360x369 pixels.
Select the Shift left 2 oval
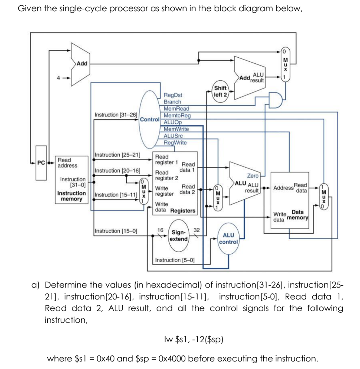pyautogui.click(x=220, y=91)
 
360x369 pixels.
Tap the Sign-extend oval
pyautogui.click(x=179, y=236)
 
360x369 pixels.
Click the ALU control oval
pyautogui.click(x=228, y=238)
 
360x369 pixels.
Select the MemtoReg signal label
pyautogui.click(x=177, y=116)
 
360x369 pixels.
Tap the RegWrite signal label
pyautogui.click(x=175, y=142)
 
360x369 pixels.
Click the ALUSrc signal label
pyautogui.click(x=173, y=136)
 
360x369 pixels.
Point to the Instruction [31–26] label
pyautogui.click(x=116, y=115)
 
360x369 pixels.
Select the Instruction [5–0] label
pyautogui.click(x=175, y=260)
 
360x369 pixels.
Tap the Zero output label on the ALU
pyautogui.click(x=253, y=175)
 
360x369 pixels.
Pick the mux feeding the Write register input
pyautogui.click(x=144, y=191)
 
